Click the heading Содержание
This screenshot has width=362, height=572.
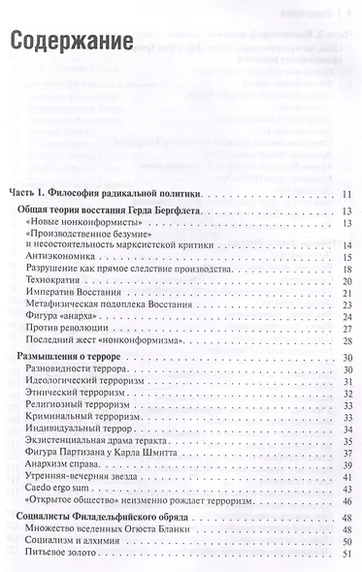point(72,43)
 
